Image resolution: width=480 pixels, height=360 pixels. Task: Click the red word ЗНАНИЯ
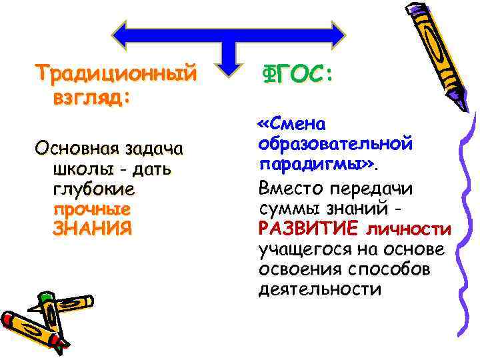tap(92, 228)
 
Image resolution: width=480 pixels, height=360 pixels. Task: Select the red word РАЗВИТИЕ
tap(309, 229)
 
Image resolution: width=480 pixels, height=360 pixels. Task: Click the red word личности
tap(408, 229)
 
